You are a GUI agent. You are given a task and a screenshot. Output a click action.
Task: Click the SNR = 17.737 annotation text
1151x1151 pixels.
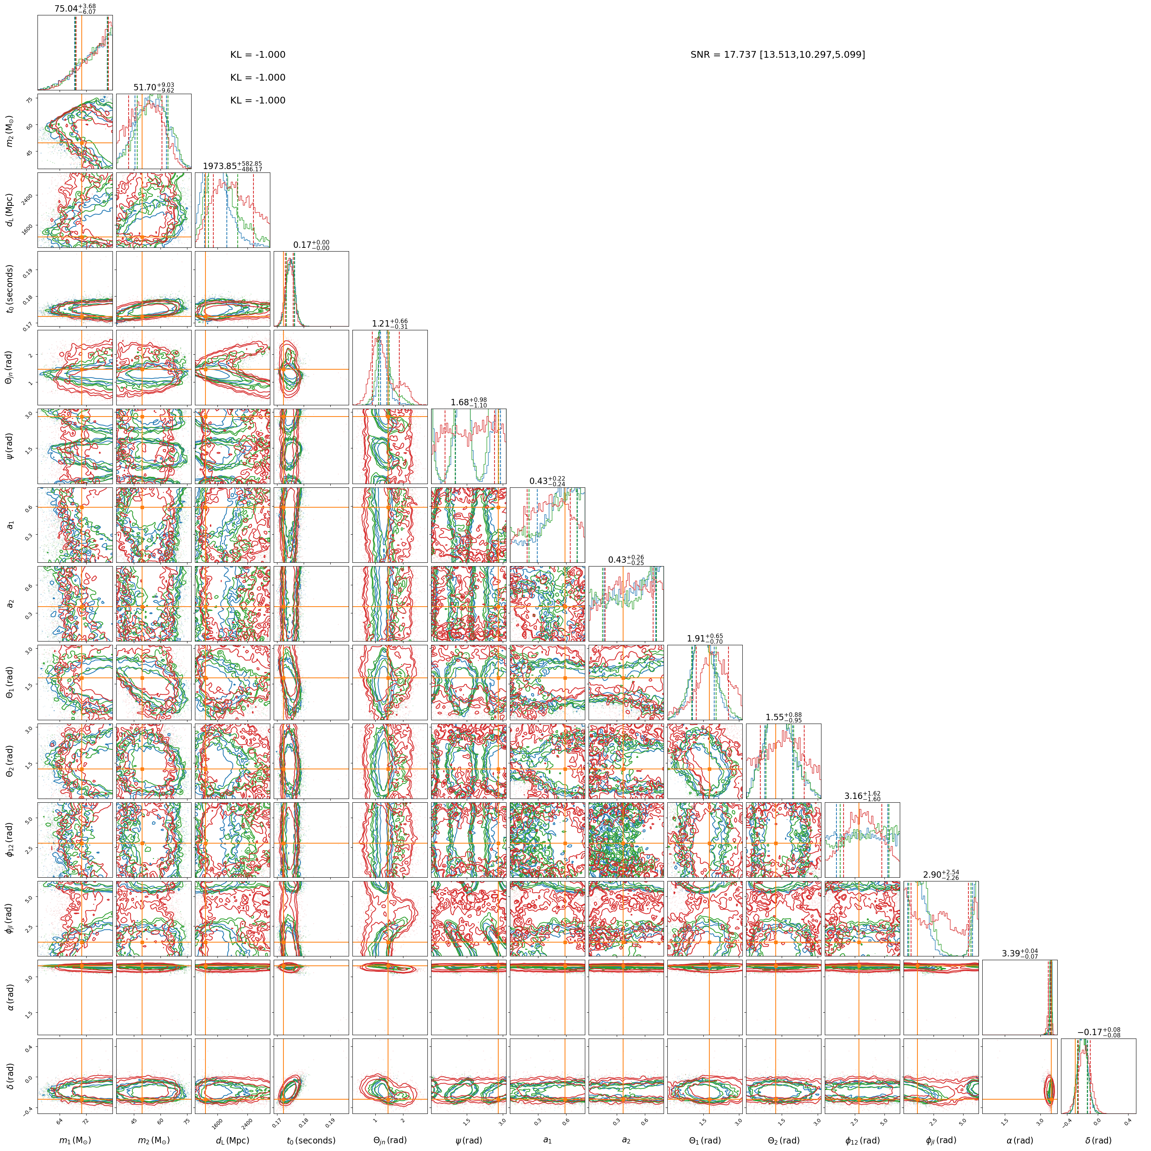778,55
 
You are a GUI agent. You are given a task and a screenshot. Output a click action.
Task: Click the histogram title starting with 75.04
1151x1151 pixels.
75,8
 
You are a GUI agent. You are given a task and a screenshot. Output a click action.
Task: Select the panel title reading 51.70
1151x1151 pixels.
154,88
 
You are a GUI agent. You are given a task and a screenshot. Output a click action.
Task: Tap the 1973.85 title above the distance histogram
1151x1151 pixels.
232,166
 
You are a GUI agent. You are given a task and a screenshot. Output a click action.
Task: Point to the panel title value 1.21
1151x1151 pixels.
390,324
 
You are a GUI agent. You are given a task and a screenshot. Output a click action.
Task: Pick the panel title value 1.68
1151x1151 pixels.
468,402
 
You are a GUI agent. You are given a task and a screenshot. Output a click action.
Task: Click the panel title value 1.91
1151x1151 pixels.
705,638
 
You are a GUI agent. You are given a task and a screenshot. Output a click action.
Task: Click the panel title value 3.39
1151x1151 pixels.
1019,953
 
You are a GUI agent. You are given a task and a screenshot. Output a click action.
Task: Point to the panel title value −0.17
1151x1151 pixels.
1099,1032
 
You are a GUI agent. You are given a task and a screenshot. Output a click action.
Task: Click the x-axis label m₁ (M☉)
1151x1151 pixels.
75,1140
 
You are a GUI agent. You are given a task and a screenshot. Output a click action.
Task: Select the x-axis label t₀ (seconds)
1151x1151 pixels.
311,1140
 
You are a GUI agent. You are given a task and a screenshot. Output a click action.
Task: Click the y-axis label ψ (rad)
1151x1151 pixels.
9,446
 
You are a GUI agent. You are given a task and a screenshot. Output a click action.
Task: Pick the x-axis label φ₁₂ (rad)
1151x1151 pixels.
862,1140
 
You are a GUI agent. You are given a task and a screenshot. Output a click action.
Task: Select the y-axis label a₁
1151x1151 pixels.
9,525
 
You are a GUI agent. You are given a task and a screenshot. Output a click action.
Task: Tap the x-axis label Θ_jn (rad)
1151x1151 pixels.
390,1140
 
